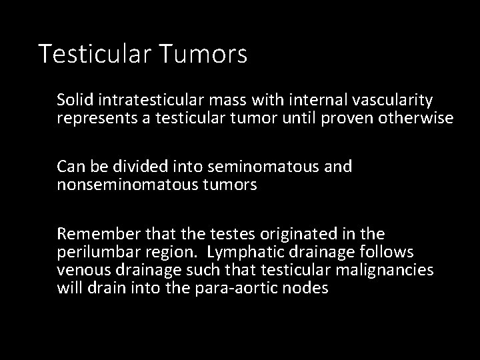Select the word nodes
(x=309, y=289)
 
